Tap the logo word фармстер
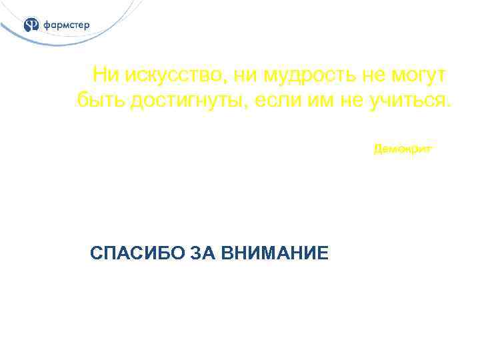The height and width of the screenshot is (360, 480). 66,25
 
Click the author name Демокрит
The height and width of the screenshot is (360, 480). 403,149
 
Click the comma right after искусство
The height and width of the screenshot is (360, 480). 224,81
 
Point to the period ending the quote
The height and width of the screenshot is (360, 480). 449,107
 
